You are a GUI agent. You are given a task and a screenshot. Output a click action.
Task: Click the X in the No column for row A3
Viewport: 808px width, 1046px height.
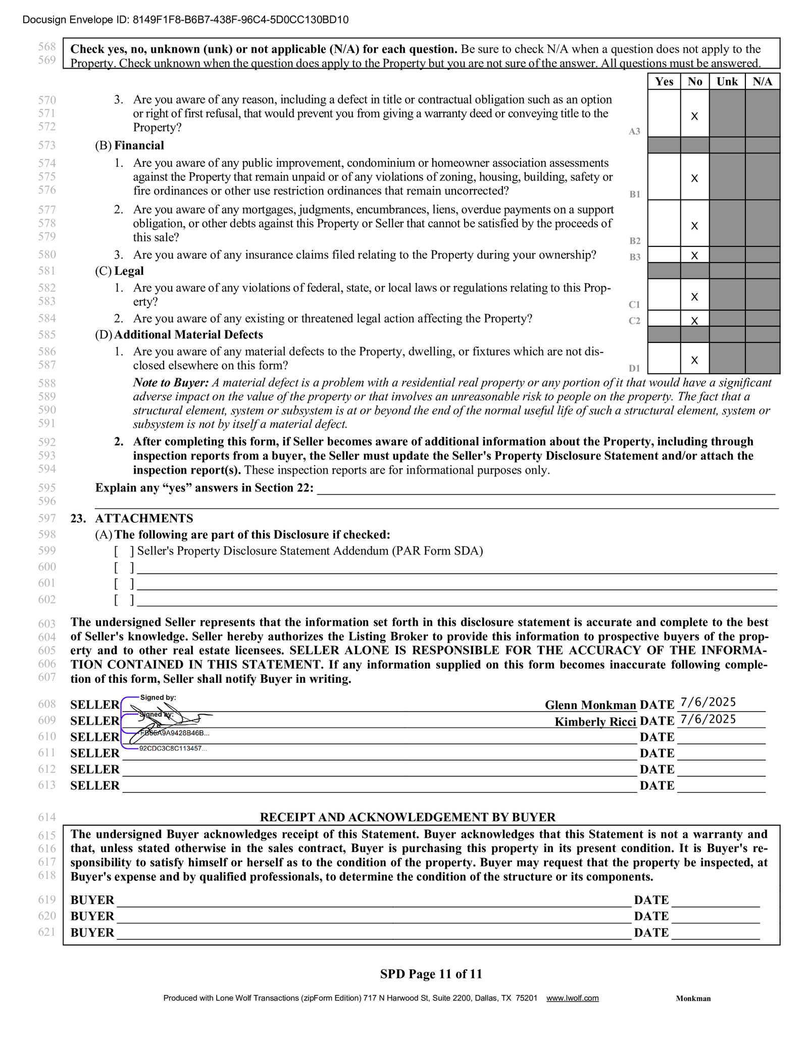pos(694,116)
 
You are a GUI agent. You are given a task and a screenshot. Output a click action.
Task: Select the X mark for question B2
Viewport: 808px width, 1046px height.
pos(694,226)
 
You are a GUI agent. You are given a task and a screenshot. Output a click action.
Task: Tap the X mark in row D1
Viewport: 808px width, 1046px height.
pos(694,360)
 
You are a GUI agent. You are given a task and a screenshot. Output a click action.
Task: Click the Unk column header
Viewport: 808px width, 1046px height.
pos(727,82)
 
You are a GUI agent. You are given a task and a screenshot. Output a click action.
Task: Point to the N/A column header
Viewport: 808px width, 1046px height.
pos(763,82)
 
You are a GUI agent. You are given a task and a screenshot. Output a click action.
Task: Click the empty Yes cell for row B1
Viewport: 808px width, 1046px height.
pos(664,177)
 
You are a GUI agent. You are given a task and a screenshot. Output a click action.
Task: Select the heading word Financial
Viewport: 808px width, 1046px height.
pos(139,145)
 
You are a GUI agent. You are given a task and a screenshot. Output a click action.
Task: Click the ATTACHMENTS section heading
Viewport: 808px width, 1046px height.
pos(144,518)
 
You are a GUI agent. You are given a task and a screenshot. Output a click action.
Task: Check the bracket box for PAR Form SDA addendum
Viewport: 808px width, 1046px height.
pos(124,551)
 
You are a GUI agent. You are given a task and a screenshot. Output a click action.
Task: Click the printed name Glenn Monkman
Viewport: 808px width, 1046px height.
pos(590,705)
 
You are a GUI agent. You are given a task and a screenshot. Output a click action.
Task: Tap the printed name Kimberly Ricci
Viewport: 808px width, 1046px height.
pos(595,722)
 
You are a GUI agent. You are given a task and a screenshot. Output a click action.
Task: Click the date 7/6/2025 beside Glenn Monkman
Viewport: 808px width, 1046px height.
pos(708,702)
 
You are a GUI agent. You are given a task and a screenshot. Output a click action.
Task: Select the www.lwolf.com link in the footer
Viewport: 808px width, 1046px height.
pos(572,998)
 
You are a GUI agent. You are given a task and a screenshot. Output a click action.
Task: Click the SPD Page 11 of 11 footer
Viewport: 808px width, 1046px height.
pos(431,974)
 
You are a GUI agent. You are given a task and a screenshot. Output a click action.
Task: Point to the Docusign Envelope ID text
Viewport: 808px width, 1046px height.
pos(186,20)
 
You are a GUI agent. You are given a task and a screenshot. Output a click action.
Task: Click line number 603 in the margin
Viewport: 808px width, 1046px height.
pos(47,624)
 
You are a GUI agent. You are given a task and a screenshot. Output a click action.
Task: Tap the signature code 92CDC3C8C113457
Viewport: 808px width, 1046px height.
pos(173,749)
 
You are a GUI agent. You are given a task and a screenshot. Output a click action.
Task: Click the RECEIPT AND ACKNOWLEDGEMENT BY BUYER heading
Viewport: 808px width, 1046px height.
pos(408,817)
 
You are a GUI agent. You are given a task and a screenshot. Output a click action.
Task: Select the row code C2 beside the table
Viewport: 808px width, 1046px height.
pos(634,321)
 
